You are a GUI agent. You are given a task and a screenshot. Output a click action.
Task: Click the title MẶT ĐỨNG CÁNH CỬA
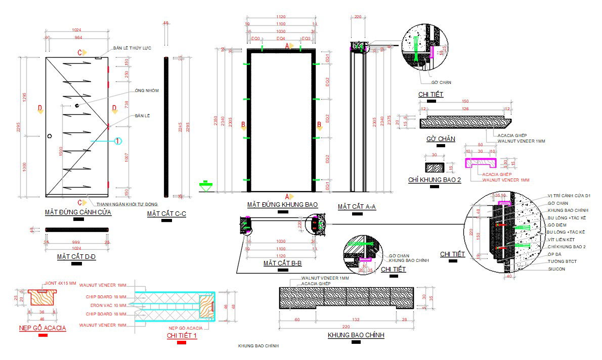pyautogui.click(x=78, y=212)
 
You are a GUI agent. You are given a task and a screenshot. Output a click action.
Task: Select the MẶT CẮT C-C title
pyautogui.click(x=167, y=214)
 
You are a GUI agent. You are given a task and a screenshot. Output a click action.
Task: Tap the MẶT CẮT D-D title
pyautogui.click(x=76, y=257)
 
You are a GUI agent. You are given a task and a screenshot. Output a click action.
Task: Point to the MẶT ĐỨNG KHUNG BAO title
pyautogui.click(x=282, y=205)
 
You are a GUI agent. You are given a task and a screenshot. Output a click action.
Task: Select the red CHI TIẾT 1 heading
pyautogui.click(x=182, y=335)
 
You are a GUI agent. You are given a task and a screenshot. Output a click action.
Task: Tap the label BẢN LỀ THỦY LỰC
pyautogui.click(x=132, y=48)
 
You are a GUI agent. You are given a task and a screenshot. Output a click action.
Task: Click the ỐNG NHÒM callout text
pyautogui.click(x=147, y=91)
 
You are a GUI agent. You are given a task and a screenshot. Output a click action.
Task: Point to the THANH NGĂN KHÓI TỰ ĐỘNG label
pyautogui.click(x=122, y=204)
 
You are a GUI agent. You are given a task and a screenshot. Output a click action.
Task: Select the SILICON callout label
pyautogui.click(x=556, y=269)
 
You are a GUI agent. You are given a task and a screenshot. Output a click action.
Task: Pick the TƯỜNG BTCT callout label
pyautogui.click(x=562, y=261)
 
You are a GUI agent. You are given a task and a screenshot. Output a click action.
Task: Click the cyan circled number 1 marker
pyautogui.click(x=117, y=141)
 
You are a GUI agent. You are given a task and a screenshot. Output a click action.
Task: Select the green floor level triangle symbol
pyautogui.click(x=205, y=184)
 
